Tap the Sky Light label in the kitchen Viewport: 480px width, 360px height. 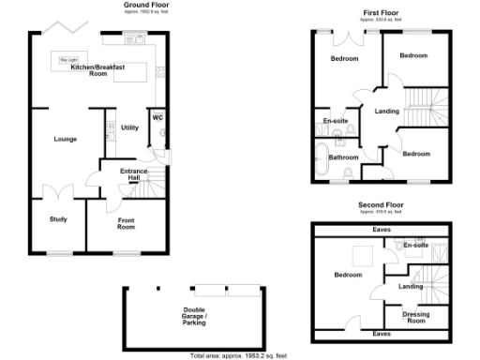(x=68, y=60)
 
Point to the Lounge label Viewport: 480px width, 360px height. (x=65, y=139)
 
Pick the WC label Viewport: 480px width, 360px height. (x=157, y=117)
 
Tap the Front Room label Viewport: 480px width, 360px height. (x=126, y=223)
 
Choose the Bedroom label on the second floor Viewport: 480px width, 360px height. (x=348, y=275)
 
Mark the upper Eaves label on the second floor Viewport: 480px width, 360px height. (x=381, y=229)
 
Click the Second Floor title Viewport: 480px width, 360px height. (x=380, y=203)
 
